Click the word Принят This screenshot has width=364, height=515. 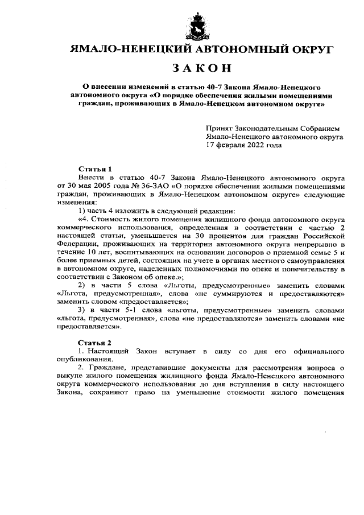(218, 129)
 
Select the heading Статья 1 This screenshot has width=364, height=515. (95, 169)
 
